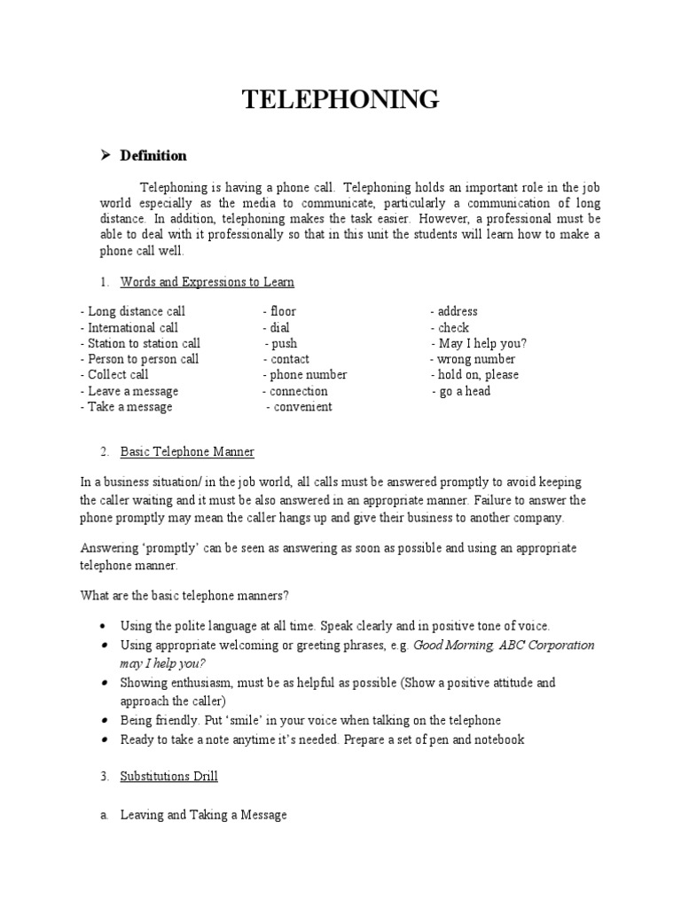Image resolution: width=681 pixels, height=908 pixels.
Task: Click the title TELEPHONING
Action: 341,100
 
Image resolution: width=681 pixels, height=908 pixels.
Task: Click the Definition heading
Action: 153,156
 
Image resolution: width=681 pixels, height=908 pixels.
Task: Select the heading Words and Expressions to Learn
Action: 207,282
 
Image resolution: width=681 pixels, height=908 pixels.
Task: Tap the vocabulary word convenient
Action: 302,407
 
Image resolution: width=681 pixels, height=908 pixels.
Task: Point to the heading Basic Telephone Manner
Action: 187,451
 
